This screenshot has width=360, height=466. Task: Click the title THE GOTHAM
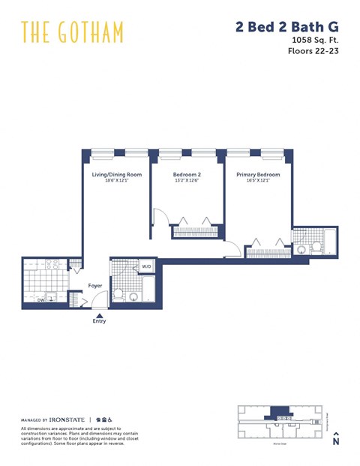click(72, 32)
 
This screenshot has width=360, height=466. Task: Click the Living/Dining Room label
click(116, 174)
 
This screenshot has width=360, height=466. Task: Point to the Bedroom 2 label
click(187, 174)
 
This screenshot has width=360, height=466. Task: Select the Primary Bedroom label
click(257, 174)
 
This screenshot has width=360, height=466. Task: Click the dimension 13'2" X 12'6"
click(187, 180)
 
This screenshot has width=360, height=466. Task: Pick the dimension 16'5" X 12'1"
click(257, 180)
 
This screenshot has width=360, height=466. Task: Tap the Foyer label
click(95, 285)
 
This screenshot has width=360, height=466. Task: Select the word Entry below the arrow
click(99, 322)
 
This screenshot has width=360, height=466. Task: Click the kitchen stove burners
click(52, 265)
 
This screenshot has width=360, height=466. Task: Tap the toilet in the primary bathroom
click(301, 249)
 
